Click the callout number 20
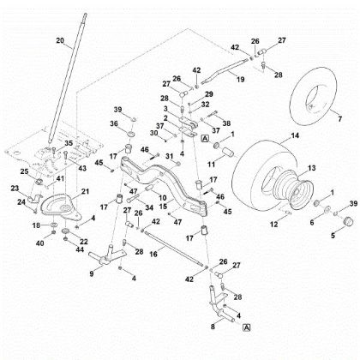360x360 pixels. pos(60,41)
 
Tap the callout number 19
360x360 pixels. pos(239,78)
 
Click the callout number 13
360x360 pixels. pos(311,168)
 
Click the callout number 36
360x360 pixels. pos(115,124)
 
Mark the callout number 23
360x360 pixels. pos(15,189)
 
